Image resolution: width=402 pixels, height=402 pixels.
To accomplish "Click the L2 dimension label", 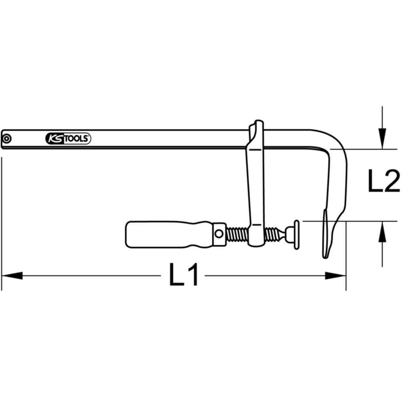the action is pos(384,181).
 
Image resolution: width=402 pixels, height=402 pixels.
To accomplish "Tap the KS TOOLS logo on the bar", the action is pos(68,138).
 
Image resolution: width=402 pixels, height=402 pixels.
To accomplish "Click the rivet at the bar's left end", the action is pos(7,138).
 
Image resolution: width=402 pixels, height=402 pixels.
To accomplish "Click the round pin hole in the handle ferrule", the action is pos(219,234).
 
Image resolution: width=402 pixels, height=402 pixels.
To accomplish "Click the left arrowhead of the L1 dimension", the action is pos(12,276).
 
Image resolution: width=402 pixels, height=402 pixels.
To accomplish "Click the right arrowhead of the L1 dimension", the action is pos(335,276).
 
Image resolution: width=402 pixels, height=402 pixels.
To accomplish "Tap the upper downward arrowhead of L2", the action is pos(382,139).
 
